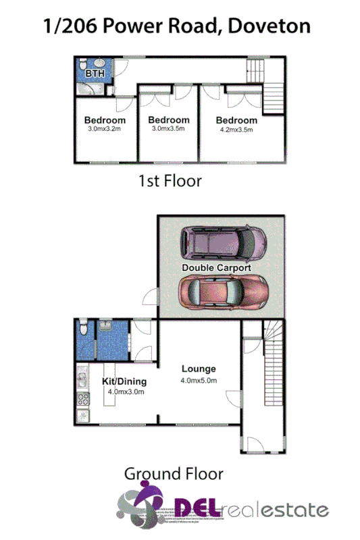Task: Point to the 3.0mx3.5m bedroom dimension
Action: pos(168,130)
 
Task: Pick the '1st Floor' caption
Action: pos(170,182)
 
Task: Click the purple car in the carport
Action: pos(222,243)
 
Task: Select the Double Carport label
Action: pos(216,268)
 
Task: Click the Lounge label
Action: pos(199,369)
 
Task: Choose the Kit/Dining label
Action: pos(124,381)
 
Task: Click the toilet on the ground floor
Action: pos(82,328)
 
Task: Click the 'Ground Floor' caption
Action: pos(173,474)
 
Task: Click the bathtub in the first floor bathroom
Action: pos(87,88)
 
